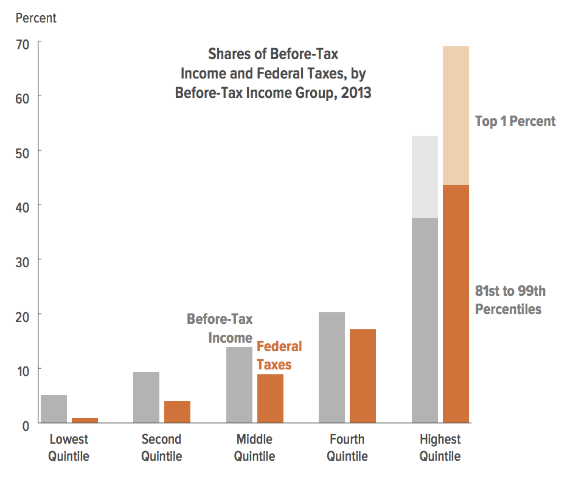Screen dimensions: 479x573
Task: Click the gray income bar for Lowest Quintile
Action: click(x=54, y=409)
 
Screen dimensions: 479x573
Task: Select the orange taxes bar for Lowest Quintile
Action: click(x=85, y=421)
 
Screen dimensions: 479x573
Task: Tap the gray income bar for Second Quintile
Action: click(x=146, y=397)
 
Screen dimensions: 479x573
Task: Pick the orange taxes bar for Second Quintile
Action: click(x=177, y=412)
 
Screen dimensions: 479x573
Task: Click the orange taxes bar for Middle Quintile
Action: click(x=270, y=399)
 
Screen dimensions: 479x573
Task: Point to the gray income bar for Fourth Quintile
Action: click(x=332, y=368)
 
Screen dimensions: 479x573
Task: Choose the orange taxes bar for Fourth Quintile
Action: click(x=363, y=376)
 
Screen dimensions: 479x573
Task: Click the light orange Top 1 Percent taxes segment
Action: click(x=456, y=116)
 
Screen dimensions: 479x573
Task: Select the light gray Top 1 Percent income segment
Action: click(x=425, y=177)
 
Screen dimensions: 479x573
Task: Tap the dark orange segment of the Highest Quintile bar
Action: click(x=456, y=304)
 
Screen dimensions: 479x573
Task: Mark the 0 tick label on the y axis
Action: click(x=25, y=424)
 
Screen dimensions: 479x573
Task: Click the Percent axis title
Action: click(x=36, y=18)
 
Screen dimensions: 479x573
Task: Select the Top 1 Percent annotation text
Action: click(x=515, y=121)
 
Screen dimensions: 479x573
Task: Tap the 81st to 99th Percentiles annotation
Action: click(x=509, y=300)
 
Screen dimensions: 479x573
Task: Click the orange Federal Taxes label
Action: click(x=279, y=355)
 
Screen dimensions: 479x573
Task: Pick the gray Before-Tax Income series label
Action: click(x=220, y=328)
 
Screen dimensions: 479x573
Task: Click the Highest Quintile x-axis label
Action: click(x=440, y=447)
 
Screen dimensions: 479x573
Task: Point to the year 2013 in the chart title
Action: click(x=356, y=94)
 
